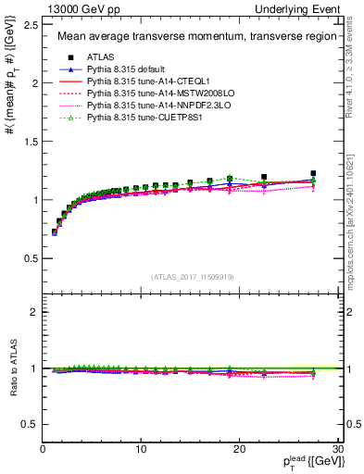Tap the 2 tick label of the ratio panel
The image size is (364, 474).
(34, 312)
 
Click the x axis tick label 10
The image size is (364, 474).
(141, 449)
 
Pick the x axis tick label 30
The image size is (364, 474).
(338, 449)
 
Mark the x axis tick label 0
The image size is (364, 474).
(43, 449)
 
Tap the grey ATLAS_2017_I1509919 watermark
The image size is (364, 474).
(192, 276)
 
